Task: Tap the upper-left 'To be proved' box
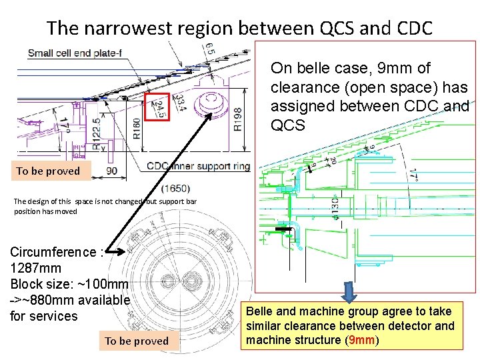pyautogui.click(x=48, y=171)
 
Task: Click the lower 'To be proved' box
pyautogui.click(x=137, y=341)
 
